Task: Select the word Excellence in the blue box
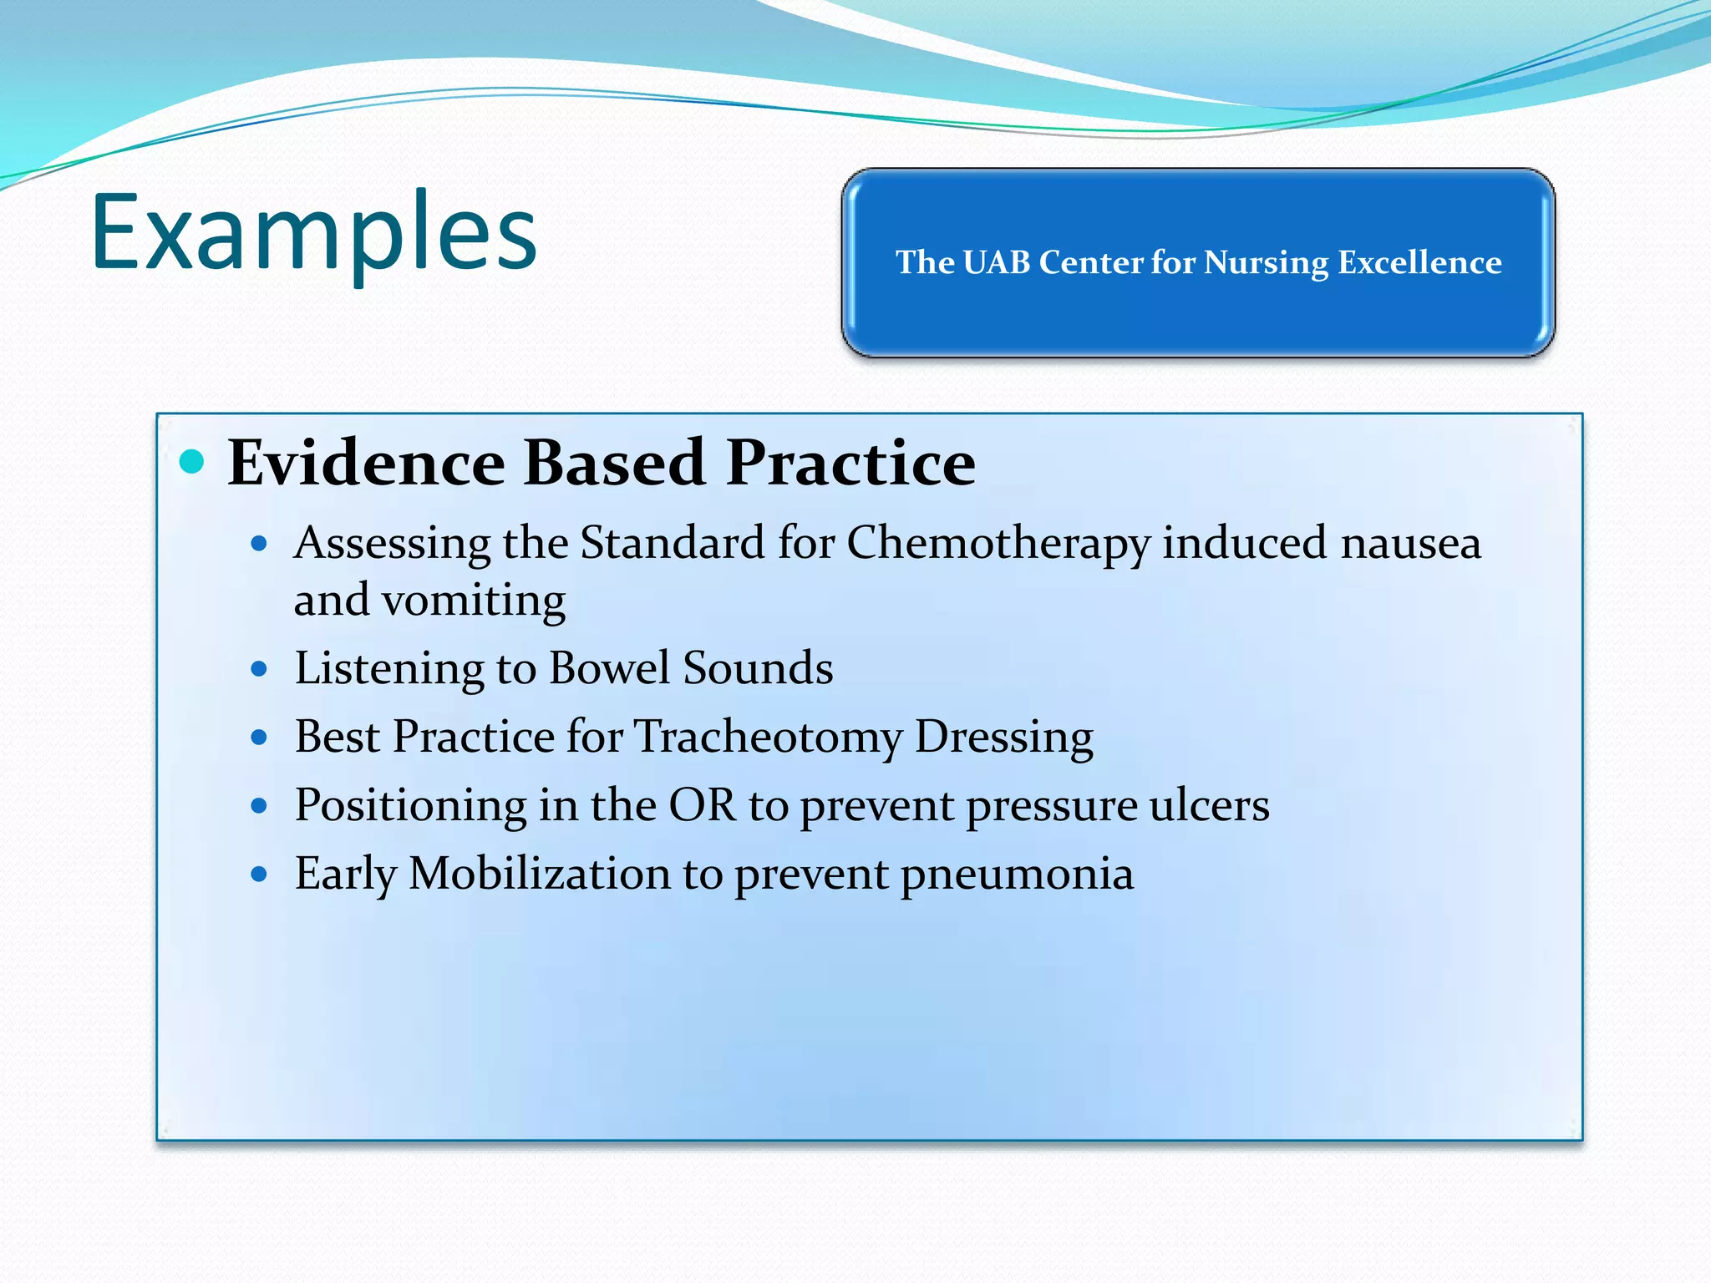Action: click(1419, 262)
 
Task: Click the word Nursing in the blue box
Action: click(1265, 262)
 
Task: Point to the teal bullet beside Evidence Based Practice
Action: click(192, 461)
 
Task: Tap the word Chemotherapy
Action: click(998, 544)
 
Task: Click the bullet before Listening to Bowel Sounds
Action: click(259, 669)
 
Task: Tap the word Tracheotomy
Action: click(769, 738)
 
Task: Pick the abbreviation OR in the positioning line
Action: click(702, 805)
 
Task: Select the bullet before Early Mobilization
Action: click(259, 875)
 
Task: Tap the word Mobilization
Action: click(539, 874)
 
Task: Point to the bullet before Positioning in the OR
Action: click(259, 806)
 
